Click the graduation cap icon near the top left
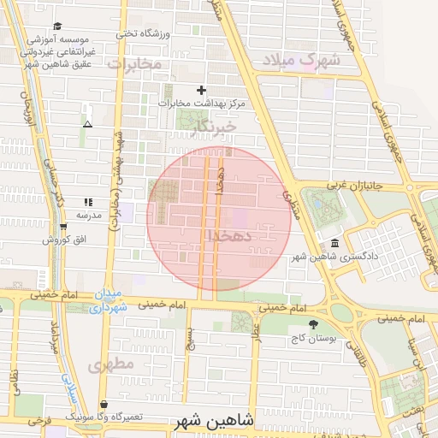[x=57, y=27]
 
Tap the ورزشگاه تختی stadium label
[x=143, y=34]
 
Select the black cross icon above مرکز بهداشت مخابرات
[x=202, y=90]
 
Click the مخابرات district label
[x=134, y=64]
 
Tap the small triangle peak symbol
[x=86, y=125]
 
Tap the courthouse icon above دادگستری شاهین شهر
[x=333, y=243]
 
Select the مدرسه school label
[x=89, y=215]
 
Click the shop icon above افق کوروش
[x=64, y=227]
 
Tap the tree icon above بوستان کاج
[x=315, y=324]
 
